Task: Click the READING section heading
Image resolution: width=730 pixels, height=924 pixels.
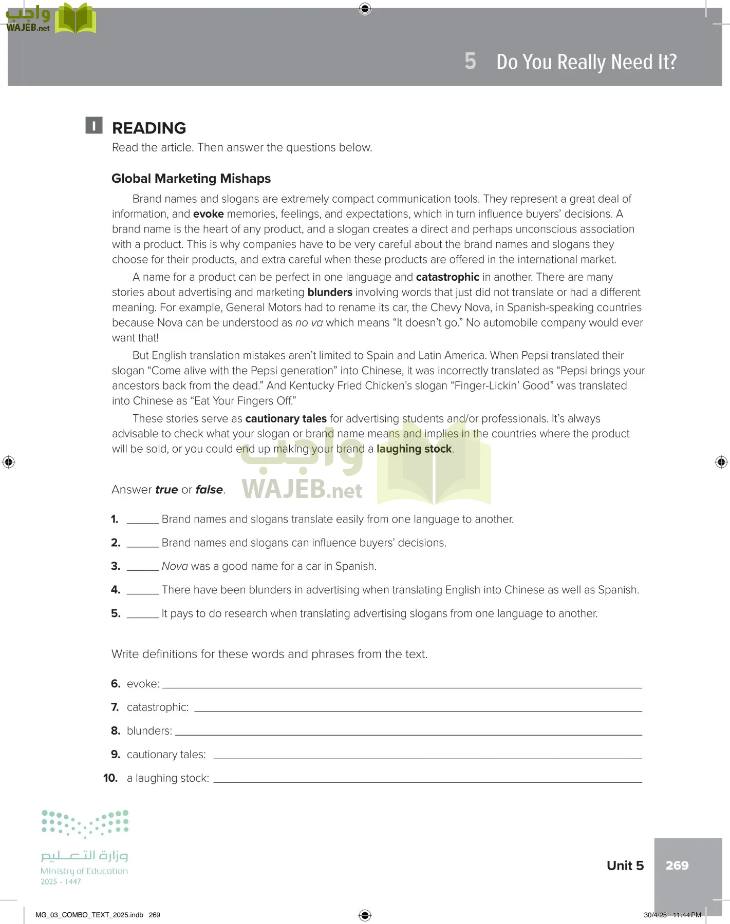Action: coord(149,128)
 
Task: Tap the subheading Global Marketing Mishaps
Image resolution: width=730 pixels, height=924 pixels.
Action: coord(191,179)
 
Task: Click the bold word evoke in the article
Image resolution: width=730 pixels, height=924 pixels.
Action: coord(208,214)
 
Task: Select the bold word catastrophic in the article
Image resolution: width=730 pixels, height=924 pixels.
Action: coord(447,277)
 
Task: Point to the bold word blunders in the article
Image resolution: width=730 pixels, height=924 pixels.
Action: coord(330,293)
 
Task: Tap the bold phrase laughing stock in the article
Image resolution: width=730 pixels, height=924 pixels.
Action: coord(414,449)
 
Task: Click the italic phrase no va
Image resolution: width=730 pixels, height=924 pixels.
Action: coord(309,323)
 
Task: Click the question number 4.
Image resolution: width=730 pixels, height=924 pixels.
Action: coord(116,590)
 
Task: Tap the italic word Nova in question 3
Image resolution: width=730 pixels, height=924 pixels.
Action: coord(175,566)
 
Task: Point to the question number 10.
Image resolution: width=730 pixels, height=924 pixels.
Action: coord(110,778)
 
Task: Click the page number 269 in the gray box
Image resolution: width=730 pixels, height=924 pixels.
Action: coord(677,865)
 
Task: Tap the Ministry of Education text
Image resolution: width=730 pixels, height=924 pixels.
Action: coord(84,871)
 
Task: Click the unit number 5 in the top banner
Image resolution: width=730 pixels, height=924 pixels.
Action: coord(470,61)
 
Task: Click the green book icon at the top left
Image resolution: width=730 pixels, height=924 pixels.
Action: coord(76,18)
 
